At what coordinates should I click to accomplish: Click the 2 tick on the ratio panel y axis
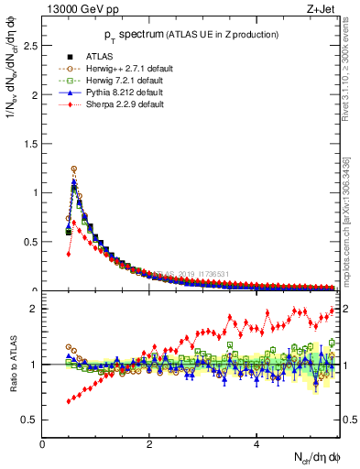tap(36, 309)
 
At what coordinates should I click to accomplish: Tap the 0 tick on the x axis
tap(43, 444)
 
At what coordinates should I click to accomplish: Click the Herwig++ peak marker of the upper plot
tap(74, 169)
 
